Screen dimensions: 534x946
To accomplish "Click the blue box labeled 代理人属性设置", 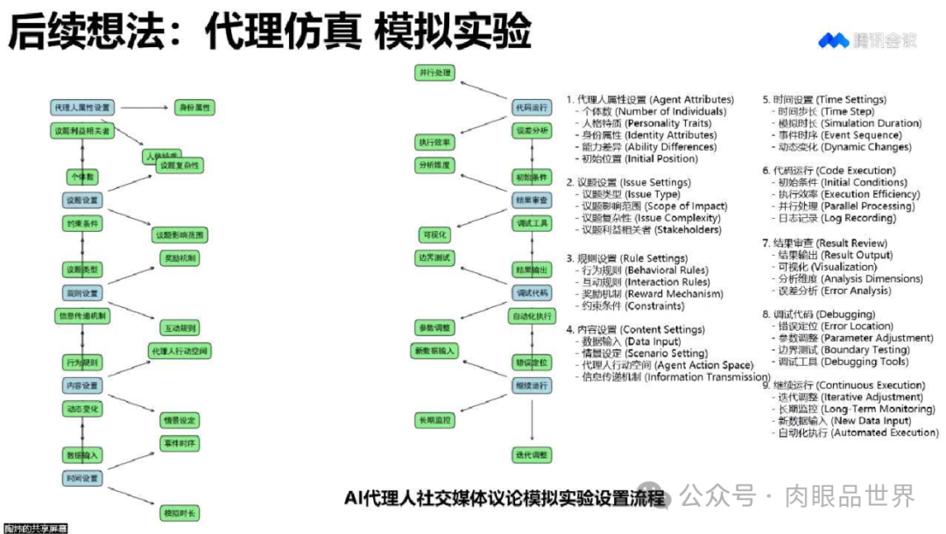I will click(x=81, y=107).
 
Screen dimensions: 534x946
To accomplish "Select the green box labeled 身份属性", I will click(x=195, y=107).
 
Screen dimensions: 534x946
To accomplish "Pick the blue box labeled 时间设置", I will click(x=82, y=479).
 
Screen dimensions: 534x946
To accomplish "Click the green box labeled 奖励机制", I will click(x=180, y=258).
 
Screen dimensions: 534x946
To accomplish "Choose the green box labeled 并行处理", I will click(x=434, y=72).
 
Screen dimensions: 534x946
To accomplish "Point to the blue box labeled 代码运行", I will click(x=533, y=107).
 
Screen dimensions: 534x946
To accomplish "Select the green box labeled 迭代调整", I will click(x=533, y=455).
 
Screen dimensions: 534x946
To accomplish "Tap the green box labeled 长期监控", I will click(x=434, y=420).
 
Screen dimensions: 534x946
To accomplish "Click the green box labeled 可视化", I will click(x=434, y=235).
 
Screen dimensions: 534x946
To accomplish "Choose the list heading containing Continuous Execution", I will click(x=844, y=385).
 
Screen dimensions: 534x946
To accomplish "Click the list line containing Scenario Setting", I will click(x=645, y=353).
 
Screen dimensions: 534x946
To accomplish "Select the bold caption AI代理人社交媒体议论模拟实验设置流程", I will click(x=505, y=498).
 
